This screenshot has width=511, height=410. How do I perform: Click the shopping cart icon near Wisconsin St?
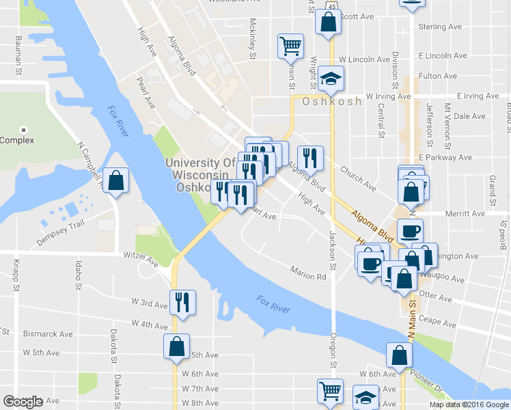(290, 46)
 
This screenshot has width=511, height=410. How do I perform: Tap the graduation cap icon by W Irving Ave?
(331, 80)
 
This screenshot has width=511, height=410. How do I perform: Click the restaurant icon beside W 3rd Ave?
(182, 302)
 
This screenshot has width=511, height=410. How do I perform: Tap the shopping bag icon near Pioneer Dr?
(399, 355)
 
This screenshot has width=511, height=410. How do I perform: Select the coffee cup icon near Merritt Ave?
(410, 231)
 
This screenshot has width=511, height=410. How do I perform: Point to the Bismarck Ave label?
(49, 334)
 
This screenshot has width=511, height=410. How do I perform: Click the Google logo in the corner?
(23, 401)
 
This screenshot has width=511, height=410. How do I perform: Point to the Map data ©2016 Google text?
(469, 404)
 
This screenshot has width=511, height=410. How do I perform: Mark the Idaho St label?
(79, 270)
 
